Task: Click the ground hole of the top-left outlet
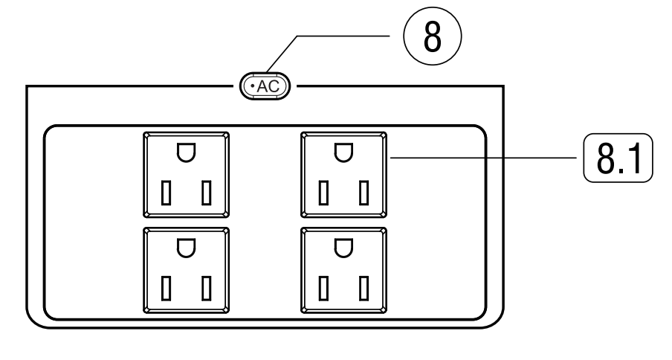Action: (185, 152)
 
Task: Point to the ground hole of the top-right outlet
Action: (343, 152)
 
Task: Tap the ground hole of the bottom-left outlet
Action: (185, 248)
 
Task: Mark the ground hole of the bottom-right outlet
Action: (343, 248)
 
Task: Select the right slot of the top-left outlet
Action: (206, 193)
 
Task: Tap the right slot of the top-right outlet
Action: (364, 193)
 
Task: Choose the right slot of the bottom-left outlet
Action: (206, 288)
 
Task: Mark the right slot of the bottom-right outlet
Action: (364, 288)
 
